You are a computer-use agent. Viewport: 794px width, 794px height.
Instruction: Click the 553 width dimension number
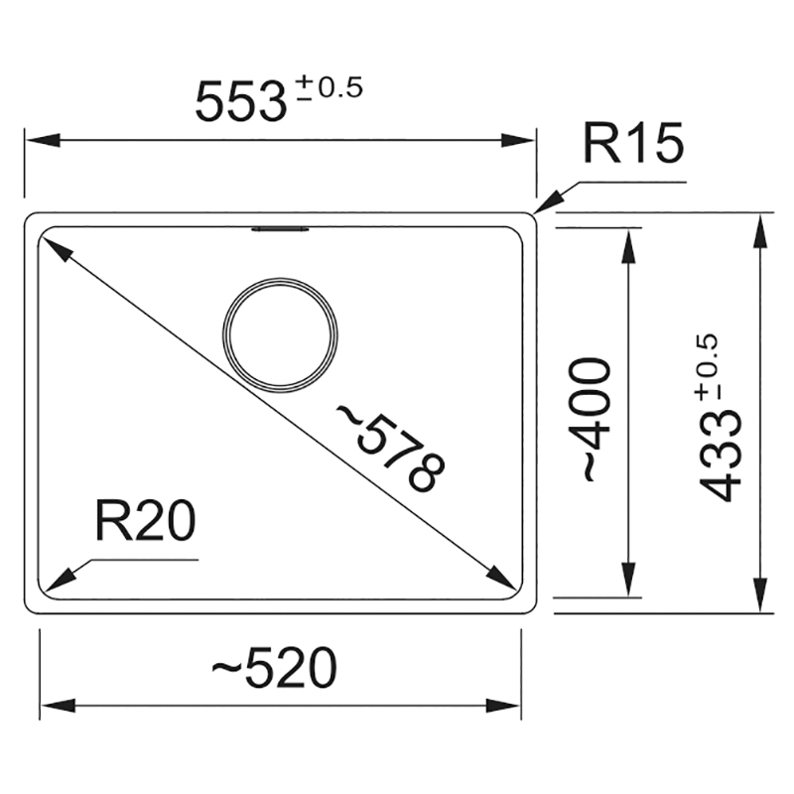241,102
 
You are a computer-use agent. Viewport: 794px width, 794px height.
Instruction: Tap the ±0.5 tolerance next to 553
331,87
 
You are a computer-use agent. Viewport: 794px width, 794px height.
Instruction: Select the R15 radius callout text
633,143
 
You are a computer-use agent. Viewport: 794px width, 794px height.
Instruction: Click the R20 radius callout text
145,520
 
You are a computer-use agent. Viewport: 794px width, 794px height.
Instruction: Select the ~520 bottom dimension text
274,667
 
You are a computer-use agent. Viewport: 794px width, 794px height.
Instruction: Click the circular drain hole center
280,334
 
